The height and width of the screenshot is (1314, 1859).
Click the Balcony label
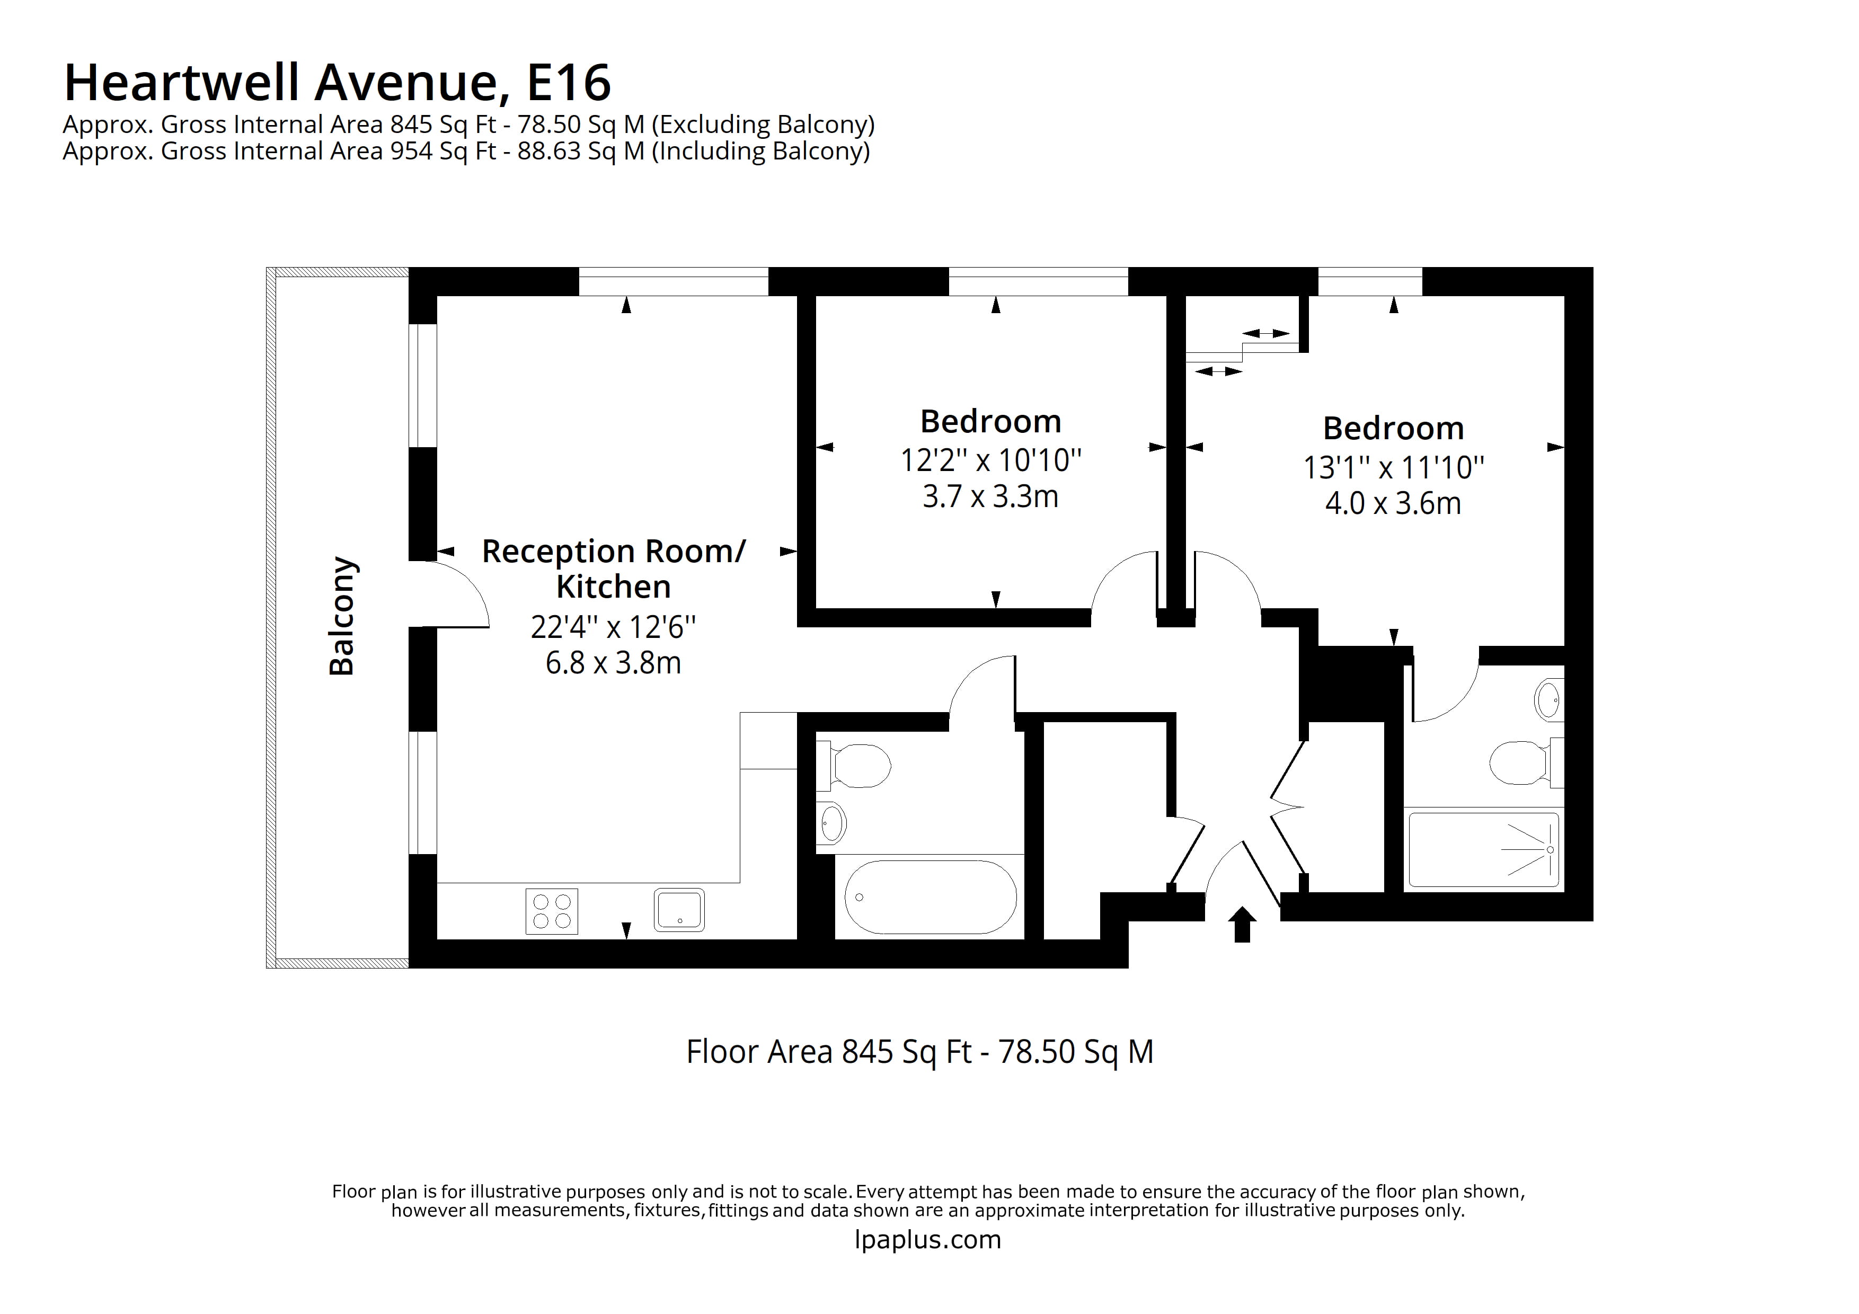pos(342,616)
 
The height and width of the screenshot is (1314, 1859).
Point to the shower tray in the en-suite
pos(1483,850)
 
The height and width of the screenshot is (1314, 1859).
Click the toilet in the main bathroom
pos(856,765)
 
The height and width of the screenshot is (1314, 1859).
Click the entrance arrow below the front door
pos(1242,925)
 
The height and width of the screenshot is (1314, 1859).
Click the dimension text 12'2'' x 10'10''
pos(990,460)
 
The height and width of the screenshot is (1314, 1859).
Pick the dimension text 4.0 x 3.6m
pos(1393,503)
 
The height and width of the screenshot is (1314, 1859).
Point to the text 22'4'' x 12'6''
pos(613,627)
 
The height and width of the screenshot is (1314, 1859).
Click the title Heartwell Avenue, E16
pos(337,83)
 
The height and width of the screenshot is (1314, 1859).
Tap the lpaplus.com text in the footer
pos(928,1239)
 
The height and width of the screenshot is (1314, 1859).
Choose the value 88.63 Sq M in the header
pos(580,152)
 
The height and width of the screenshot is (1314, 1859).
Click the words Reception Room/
pos(613,552)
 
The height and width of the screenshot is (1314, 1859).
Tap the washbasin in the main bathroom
pos(831,824)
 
